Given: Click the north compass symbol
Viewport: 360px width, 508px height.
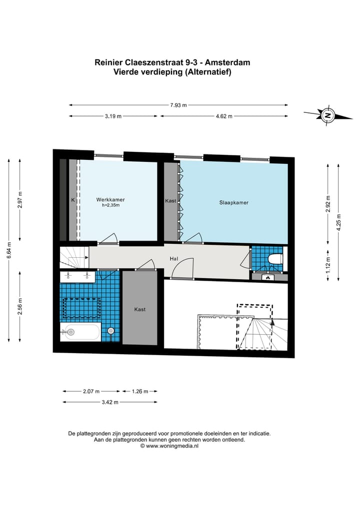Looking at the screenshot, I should (x=328, y=115).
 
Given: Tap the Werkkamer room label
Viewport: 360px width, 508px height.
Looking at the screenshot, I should (x=110, y=200).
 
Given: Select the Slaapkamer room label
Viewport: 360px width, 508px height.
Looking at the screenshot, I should (x=234, y=203).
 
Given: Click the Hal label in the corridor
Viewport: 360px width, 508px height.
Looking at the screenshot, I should (x=174, y=259).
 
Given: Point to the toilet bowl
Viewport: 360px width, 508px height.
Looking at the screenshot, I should (x=275, y=259).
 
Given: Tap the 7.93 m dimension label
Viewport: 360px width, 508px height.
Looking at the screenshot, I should (x=178, y=105).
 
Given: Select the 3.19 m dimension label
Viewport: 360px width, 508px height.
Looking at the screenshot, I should (x=113, y=116).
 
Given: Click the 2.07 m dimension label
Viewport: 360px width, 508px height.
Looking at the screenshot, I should (x=91, y=391).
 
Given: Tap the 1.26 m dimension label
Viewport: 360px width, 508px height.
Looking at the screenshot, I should (x=140, y=391).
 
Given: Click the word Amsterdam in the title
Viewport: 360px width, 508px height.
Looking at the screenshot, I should (x=228, y=63).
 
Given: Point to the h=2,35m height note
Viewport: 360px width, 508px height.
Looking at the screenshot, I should (x=110, y=205).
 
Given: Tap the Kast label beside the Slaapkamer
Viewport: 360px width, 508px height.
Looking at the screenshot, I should (x=170, y=201).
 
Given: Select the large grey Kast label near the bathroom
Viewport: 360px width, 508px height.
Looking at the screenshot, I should (x=140, y=310).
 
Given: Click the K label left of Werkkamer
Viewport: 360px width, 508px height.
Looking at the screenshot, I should (x=72, y=200).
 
